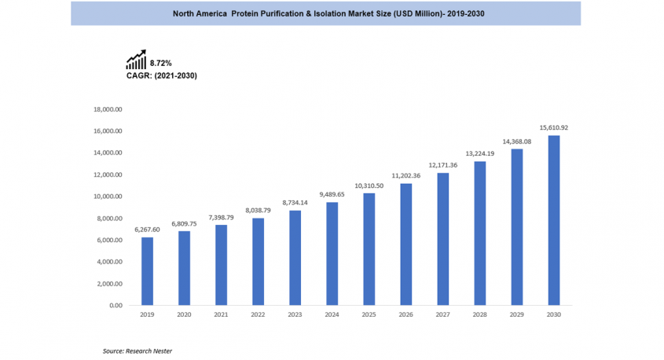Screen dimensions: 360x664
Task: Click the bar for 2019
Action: [x=147, y=271]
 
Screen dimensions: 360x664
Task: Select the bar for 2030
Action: [x=553, y=220]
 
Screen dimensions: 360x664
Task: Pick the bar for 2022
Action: [x=258, y=262]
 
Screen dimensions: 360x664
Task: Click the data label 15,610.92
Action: [x=553, y=127]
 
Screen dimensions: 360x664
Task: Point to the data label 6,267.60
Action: [x=147, y=229]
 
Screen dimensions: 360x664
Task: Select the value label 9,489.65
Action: [x=332, y=194]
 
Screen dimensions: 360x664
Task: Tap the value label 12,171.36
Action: [x=442, y=165]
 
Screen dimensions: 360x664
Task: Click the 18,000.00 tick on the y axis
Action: [x=108, y=109]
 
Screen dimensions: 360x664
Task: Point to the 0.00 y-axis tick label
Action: [x=115, y=305]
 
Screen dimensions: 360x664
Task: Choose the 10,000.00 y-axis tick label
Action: [x=108, y=197]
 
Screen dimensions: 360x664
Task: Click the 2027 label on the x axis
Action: [x=442, y=314]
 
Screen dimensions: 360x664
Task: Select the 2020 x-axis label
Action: [x=184, y=314]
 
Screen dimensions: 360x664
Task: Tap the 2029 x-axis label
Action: [x=516, y=314]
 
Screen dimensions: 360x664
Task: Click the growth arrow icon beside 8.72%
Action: [x=136, y=61]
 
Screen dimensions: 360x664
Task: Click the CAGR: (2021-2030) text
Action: [x=161, y=75]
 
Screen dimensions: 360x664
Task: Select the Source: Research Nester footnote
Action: [x=138, y=351]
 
